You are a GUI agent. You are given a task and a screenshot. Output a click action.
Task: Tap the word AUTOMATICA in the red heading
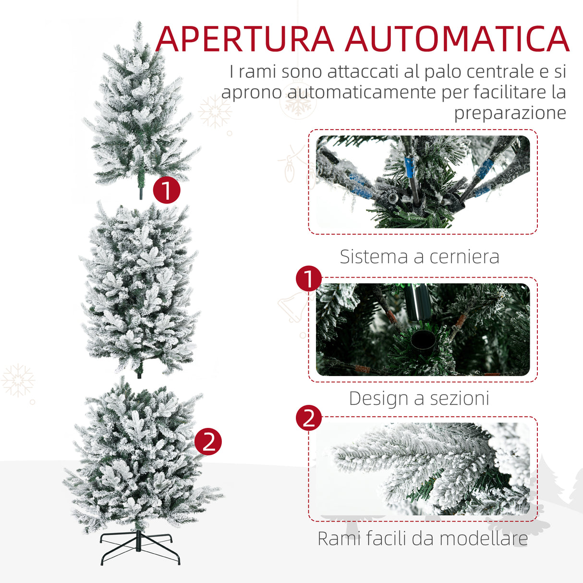[x=457, y=39]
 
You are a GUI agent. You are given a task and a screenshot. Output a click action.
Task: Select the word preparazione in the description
[x=510, y=113]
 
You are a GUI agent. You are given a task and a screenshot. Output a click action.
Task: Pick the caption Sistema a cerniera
[x=419, y=256]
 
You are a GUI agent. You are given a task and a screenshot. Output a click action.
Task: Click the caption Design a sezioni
[x=419, y=398]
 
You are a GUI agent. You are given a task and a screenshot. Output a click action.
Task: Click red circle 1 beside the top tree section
[x=166, y=190]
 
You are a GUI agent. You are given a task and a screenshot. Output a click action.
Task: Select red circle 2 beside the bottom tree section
[x=208, y=441]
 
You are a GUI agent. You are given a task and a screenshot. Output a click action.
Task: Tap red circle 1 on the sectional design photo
[x=309, y=279]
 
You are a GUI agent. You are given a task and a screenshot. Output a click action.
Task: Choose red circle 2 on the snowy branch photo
[x=309, y=417]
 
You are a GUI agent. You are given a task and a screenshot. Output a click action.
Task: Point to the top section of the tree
[x=139, y=110]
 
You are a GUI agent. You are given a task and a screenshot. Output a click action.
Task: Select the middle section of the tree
[x=139, y=288]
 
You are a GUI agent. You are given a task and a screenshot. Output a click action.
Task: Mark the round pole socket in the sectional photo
[x=424, y=340]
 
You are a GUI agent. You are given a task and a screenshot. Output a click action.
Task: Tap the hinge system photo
[x=423, y=182]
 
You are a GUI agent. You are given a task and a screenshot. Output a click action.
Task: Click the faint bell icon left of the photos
[x=291, y=306]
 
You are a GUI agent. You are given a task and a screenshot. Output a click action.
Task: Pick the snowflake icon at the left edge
[x=18, y=380]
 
